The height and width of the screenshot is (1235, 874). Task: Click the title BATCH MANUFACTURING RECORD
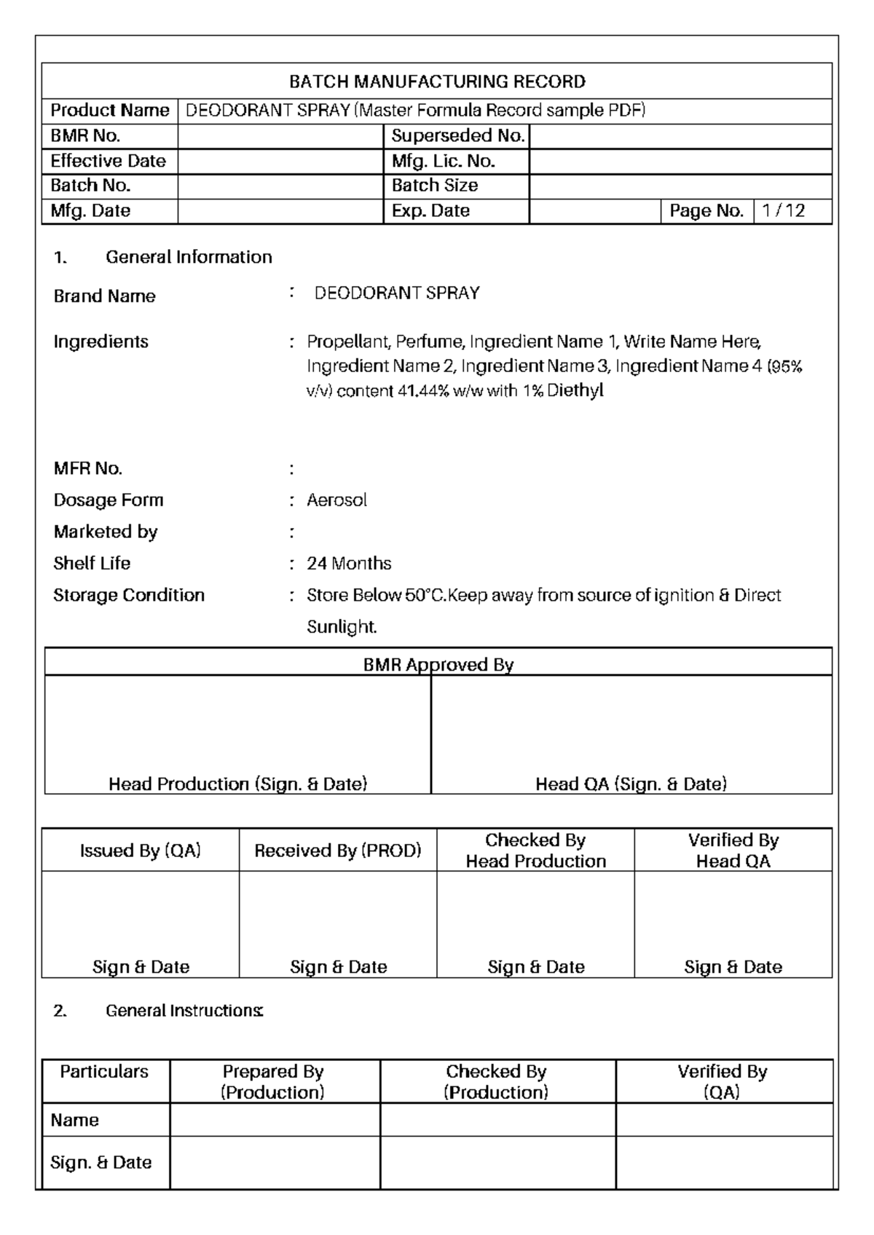tap(437, 82)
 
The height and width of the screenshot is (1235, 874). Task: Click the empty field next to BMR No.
tap(280, 136)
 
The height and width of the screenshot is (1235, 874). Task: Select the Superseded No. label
tap(457, 136)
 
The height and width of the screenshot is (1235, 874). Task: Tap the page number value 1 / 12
tap(784, 211)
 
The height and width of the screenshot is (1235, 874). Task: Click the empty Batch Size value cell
tap(680, 186)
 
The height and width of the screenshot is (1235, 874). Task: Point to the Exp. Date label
tap(430, 211)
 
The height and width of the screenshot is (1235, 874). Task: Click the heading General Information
tap(189, 257)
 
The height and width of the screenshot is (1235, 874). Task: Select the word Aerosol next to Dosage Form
tap(336, 500)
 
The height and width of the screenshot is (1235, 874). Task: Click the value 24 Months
tap(349, 564)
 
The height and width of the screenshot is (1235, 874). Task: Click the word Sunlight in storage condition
tap(341, 627)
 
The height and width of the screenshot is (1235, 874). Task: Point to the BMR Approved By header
tap(438, 665)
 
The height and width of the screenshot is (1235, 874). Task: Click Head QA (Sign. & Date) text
tap(631, 784)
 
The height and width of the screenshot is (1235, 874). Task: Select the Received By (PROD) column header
tap(337, 851)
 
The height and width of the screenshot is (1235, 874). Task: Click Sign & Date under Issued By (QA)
tap(141, 967)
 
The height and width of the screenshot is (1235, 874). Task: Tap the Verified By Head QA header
tap(733, 851)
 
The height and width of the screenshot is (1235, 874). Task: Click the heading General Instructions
tap(184, 1011)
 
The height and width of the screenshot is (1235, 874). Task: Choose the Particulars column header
tap(104, 1072)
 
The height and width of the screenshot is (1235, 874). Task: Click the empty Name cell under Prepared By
tap(275, 1120)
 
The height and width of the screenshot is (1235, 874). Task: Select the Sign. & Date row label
tap(101, 1162)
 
